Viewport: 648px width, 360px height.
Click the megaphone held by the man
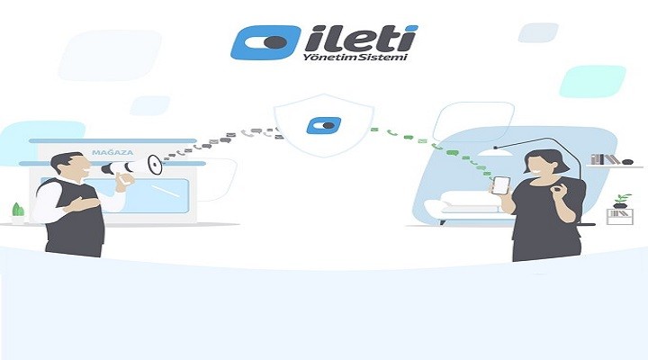point(145,165)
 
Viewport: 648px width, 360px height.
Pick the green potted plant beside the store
point(18,211)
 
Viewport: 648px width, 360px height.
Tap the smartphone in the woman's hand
point(501,185)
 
